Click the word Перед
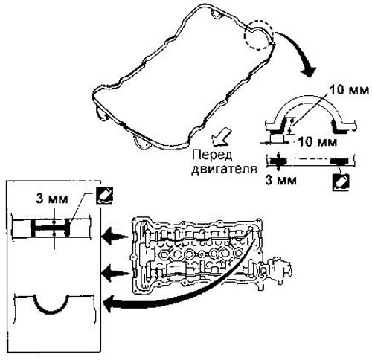coord(213,155)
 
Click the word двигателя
coord(224,170)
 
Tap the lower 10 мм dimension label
coord(318,142)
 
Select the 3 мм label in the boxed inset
coord(52,199)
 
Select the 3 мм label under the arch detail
coord(280,180)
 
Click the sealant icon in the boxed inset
coord(104,195)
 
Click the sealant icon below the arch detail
coord(341,182)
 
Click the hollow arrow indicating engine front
coord(220,137)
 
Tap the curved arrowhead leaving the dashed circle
coord(308,71)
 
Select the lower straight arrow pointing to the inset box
coord(115,274)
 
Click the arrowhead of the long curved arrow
coord(110,303)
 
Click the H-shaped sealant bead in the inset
coord(51,227)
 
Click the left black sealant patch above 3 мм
coord(278,161)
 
